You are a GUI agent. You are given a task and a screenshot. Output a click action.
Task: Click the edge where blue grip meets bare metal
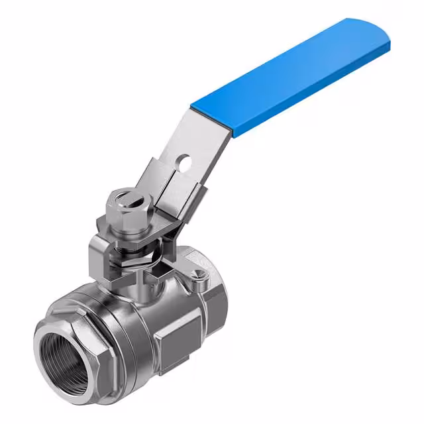(212, 119)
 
